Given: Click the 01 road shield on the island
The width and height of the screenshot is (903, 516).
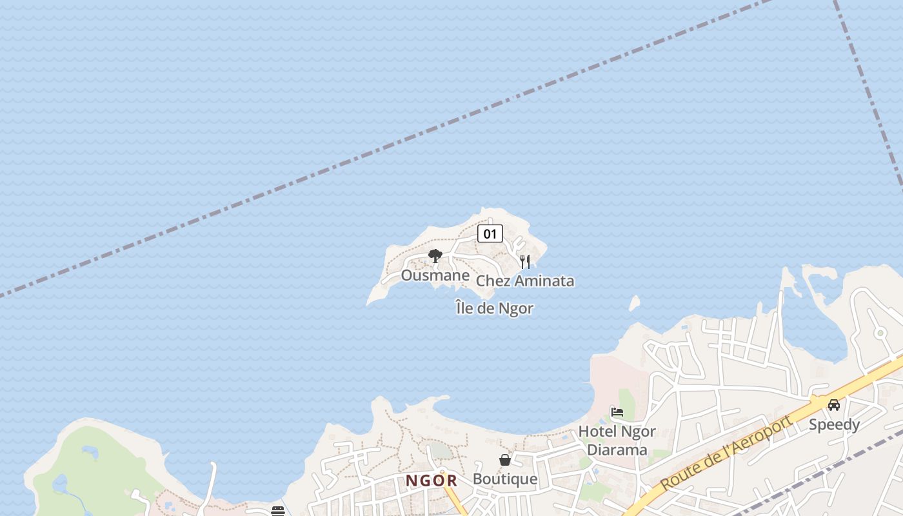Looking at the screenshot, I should (490, 233).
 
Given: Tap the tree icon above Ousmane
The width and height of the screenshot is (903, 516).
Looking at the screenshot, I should (435, 256).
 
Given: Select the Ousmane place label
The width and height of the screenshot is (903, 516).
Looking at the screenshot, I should (435, 275).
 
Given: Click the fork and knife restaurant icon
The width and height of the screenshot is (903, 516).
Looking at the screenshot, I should (525, 261).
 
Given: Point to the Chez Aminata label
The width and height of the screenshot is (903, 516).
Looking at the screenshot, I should (525, 281).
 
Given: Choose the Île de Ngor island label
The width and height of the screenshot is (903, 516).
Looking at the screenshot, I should (495, 308).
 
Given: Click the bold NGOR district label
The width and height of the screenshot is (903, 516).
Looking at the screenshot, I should (432, 481).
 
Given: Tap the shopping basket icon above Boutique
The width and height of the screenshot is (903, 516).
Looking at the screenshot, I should (505, 460).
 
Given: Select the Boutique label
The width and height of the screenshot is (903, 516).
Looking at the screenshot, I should (505, 479).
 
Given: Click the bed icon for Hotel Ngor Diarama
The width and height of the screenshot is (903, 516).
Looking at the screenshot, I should (617, 412).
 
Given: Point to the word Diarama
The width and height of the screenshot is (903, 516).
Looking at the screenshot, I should (617, 450).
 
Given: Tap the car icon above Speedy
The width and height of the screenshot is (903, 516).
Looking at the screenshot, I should (834, 405).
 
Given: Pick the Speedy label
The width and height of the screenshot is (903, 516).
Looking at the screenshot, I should (834, 424).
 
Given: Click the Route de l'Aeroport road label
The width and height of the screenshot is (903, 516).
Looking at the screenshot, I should (726, 453).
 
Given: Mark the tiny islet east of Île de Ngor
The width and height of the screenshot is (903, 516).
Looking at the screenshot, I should (634, 303).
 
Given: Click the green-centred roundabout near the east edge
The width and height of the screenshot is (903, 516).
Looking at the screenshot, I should (880, 333).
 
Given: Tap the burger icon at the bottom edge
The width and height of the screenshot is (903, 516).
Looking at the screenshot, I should (278, 511).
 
